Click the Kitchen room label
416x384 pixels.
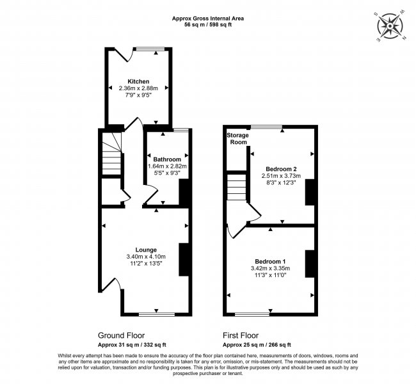(138, 81)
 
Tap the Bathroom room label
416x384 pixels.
(166, 159)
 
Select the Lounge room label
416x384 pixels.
(146, 250)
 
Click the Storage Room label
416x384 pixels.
(237, 139)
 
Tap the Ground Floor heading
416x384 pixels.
(121, 335)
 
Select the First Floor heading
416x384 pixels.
(241, 335)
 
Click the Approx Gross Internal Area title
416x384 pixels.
(207, 19)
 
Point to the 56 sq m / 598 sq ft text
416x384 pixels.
(207, 25)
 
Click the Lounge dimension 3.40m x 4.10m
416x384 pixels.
(146, 257)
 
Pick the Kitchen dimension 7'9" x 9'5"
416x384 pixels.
(138, 95)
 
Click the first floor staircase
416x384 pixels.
(237, 187)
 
